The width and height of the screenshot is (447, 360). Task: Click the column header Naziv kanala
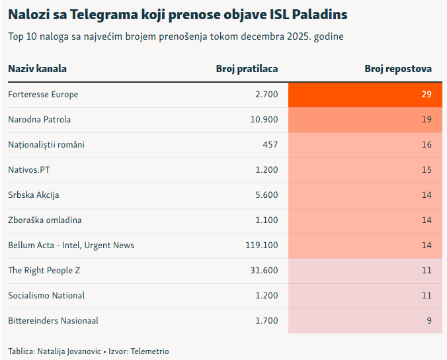37,69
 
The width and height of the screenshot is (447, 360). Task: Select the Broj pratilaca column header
247,69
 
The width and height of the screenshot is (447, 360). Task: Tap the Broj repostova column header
398,69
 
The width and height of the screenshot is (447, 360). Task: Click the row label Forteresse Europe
43,95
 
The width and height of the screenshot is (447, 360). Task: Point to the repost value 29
427,95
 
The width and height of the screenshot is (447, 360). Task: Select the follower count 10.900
264,120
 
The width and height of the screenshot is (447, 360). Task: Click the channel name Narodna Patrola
39,120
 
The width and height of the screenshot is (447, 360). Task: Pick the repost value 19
427,120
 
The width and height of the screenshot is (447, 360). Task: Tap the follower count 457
270,145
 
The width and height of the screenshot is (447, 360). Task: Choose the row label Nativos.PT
29,170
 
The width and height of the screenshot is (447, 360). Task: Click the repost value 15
427,170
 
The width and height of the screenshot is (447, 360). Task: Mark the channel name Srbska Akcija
34,195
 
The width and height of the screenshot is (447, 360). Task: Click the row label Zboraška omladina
45,220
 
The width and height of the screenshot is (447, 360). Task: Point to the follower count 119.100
262,246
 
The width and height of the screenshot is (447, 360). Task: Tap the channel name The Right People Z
44,271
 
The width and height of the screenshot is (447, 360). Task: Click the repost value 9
428,321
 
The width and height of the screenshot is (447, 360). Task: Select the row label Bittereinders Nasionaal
53,321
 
